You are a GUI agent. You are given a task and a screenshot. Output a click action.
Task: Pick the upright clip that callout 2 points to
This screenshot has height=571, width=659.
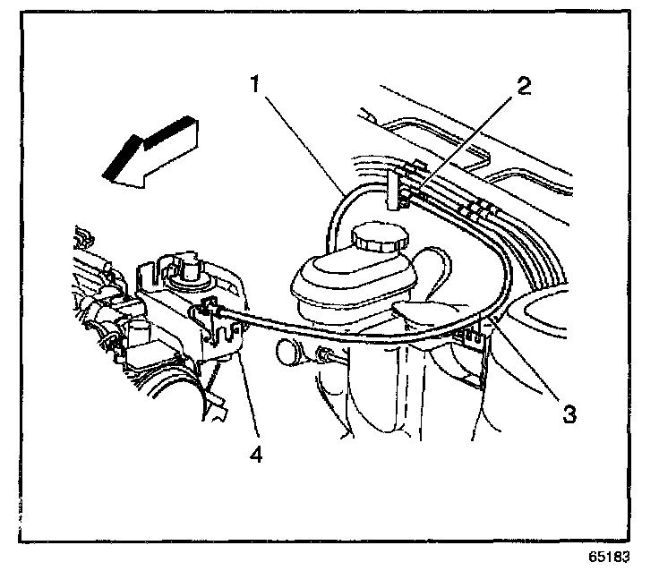394,192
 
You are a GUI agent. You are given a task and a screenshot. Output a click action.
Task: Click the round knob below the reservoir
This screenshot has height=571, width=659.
290,350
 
